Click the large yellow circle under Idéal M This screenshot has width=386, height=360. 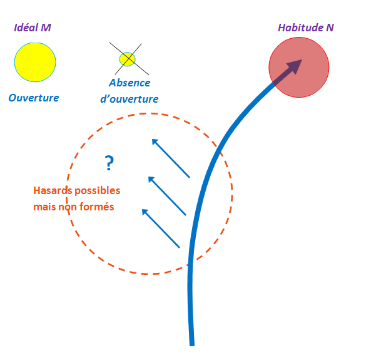[x=35, y=62]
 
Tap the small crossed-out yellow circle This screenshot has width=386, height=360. [x=127, y=59]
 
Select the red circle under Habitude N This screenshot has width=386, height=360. [x=299, y=67]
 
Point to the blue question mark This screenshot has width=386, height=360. [x=109, y=163]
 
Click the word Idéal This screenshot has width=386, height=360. [x=26, y=28]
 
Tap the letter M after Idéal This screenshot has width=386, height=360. [x=46, y=28]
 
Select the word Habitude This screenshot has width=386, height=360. [x=300, y=28]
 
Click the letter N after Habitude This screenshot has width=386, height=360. [x=330, y=28]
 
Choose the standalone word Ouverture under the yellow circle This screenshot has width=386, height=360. [x=34, y=98]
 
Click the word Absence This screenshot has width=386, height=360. [x=130, y=83]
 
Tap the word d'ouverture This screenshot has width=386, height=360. [x=130, y=99]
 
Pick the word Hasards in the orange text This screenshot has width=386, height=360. [x=53, y=190]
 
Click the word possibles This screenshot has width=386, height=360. [x=97, y=191]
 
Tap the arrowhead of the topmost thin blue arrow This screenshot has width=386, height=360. [x=155, y=141]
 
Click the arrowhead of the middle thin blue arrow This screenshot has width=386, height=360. [x=151, y=179]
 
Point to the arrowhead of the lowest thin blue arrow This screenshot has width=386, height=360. [x=145, y=212]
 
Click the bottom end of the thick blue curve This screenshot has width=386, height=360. [x=192, y=346]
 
